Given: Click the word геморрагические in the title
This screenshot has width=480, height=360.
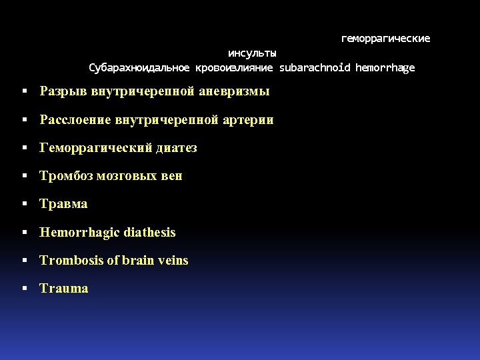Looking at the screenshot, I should click(385, 39).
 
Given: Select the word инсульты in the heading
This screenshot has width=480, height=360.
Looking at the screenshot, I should click(252, 53).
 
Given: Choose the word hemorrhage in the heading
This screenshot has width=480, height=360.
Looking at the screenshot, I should click(385, 67).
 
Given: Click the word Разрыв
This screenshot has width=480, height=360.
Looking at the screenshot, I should click(63, 91).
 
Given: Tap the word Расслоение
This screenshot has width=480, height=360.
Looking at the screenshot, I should click(75, 120).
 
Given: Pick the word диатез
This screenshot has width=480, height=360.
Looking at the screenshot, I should click(176, 148).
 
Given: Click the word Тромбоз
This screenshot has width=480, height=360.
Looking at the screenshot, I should click(66, 176).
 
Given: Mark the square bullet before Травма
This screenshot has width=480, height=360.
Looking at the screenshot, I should click(24, 204).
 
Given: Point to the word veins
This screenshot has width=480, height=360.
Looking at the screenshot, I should click(173, 261).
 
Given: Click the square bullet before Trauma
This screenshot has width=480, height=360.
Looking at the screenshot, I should click(24, 289).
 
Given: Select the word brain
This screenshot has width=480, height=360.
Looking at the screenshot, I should click(138, 261).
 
